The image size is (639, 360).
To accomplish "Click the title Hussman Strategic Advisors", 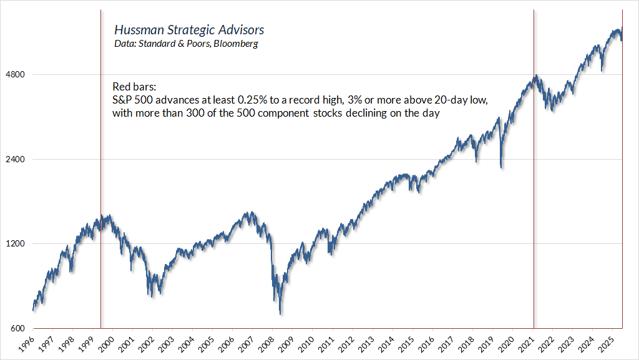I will click(x=189, y=30).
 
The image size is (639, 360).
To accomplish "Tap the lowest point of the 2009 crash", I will click(x=281, y=313).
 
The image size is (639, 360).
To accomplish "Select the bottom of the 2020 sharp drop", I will click(x=501, y=167).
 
